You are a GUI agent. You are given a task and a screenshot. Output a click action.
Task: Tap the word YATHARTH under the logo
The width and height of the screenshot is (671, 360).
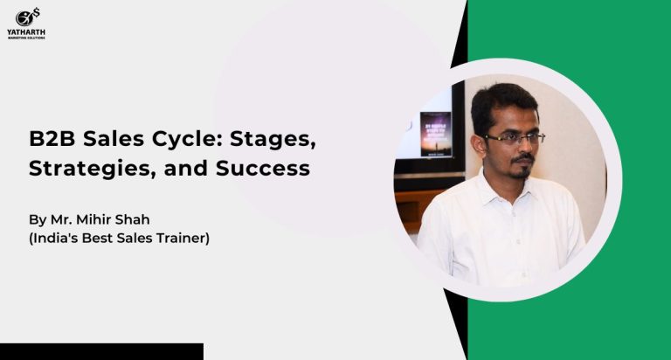coord(26,32)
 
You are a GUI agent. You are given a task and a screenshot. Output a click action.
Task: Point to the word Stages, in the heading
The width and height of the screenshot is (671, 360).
coord(273,140)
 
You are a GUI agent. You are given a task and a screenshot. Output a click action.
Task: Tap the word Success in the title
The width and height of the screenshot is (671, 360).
coord(263,169)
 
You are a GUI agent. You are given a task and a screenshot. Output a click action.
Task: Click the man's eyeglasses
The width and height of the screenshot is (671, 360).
coord(514,138)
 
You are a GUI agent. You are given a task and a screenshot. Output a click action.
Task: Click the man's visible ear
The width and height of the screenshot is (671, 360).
coord(480,146)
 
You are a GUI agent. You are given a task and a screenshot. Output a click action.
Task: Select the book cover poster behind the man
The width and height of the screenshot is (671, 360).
coord(436,135)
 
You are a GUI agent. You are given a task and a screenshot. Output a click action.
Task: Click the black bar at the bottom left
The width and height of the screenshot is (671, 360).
coord(101,351)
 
